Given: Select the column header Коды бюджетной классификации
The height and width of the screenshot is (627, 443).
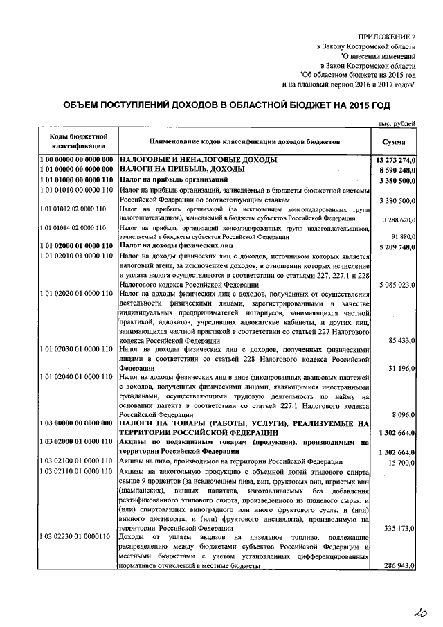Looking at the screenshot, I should point(77,141).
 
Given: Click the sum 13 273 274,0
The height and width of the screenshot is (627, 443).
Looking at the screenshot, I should point(395,160).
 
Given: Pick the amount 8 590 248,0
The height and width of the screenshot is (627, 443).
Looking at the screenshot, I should point(397,170).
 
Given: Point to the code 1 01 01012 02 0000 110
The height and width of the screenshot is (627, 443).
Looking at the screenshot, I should point(73,209).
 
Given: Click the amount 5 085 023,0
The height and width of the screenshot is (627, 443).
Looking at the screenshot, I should point(397,285).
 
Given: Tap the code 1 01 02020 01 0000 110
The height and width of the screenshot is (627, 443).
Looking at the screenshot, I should point(77,294).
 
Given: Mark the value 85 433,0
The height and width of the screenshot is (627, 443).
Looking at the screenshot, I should point(401,341).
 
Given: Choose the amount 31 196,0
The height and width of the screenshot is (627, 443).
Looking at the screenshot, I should point(401,368).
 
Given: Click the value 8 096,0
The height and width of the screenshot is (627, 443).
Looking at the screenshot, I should point(404,414).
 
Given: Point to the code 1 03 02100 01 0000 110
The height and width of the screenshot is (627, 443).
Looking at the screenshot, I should point(77,461).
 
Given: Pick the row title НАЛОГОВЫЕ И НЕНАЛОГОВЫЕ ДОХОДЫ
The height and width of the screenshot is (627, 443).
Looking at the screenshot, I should point(199,160).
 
